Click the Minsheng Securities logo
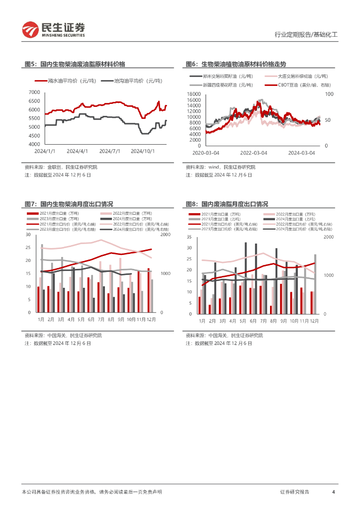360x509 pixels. coord(54,30)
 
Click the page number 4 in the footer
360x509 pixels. coord(333,492)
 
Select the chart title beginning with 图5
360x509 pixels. coord(75,64)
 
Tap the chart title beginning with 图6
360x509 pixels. coord(236,64)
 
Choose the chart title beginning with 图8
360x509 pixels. coord(227,204)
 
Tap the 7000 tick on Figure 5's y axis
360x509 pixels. coord(34,92)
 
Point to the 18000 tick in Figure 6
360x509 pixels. coord(193,94)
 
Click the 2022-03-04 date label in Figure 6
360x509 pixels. coord(254,153)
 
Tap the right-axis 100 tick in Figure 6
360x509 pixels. coord(329,94)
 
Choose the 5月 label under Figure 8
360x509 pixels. coord(243,322)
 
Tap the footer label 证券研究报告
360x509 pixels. coord(294,492)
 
